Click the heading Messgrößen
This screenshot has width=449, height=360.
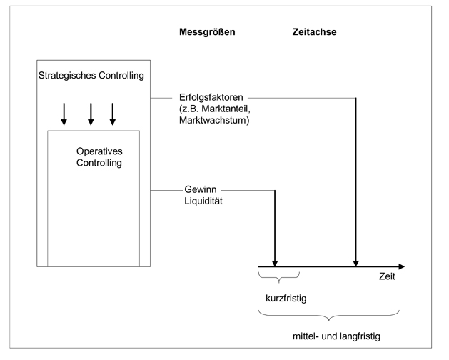tap(207, 32)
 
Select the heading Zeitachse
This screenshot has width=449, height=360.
tap(314, 32)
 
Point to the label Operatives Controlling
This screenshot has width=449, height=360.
tap(99, 157)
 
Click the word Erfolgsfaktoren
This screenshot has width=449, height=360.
tap(213, 97)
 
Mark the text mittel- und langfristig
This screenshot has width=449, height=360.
tap(330, 335)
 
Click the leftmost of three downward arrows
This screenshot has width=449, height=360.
tap(64, 114)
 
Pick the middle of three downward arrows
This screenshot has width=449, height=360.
tap(90, 114)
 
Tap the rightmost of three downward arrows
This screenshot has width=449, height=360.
tap(113, 114)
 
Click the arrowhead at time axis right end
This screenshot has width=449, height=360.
tap(401, 266)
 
